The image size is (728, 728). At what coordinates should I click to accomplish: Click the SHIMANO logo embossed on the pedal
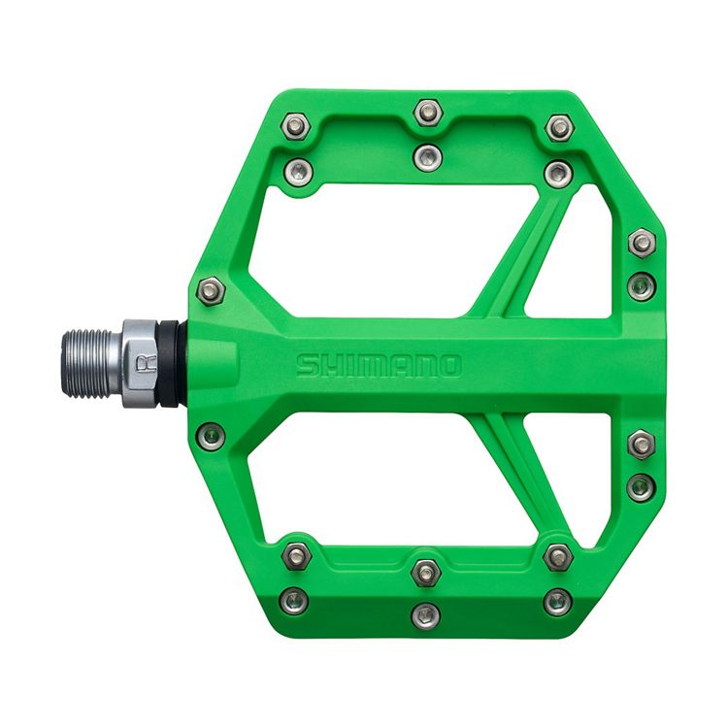pyautogui.click(x=379, y=366)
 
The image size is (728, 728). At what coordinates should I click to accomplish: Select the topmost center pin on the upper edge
pyautogui.click(x=427, y=113)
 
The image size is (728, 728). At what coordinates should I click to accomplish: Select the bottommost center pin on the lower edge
pyautogui.click(x=425, y=615)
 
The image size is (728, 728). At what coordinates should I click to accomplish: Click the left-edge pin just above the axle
pyautogui.click(x=211, y=289)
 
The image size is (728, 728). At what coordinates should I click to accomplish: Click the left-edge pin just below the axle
pyautogui.click(x=211, y=435)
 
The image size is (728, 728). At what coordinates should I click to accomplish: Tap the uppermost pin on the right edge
pyautogui.click(x=642, y=243)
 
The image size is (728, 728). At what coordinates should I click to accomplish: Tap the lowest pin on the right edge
pyautogui.click(x=641, y=486)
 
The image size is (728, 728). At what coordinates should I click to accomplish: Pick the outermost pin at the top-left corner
pyautogui.click(x=298, y=126)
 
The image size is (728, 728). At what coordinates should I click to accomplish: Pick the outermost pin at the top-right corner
pyautogui.click(x=559, y=127)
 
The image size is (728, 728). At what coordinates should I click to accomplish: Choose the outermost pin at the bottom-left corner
pyautogui.click(x=294, y=601)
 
